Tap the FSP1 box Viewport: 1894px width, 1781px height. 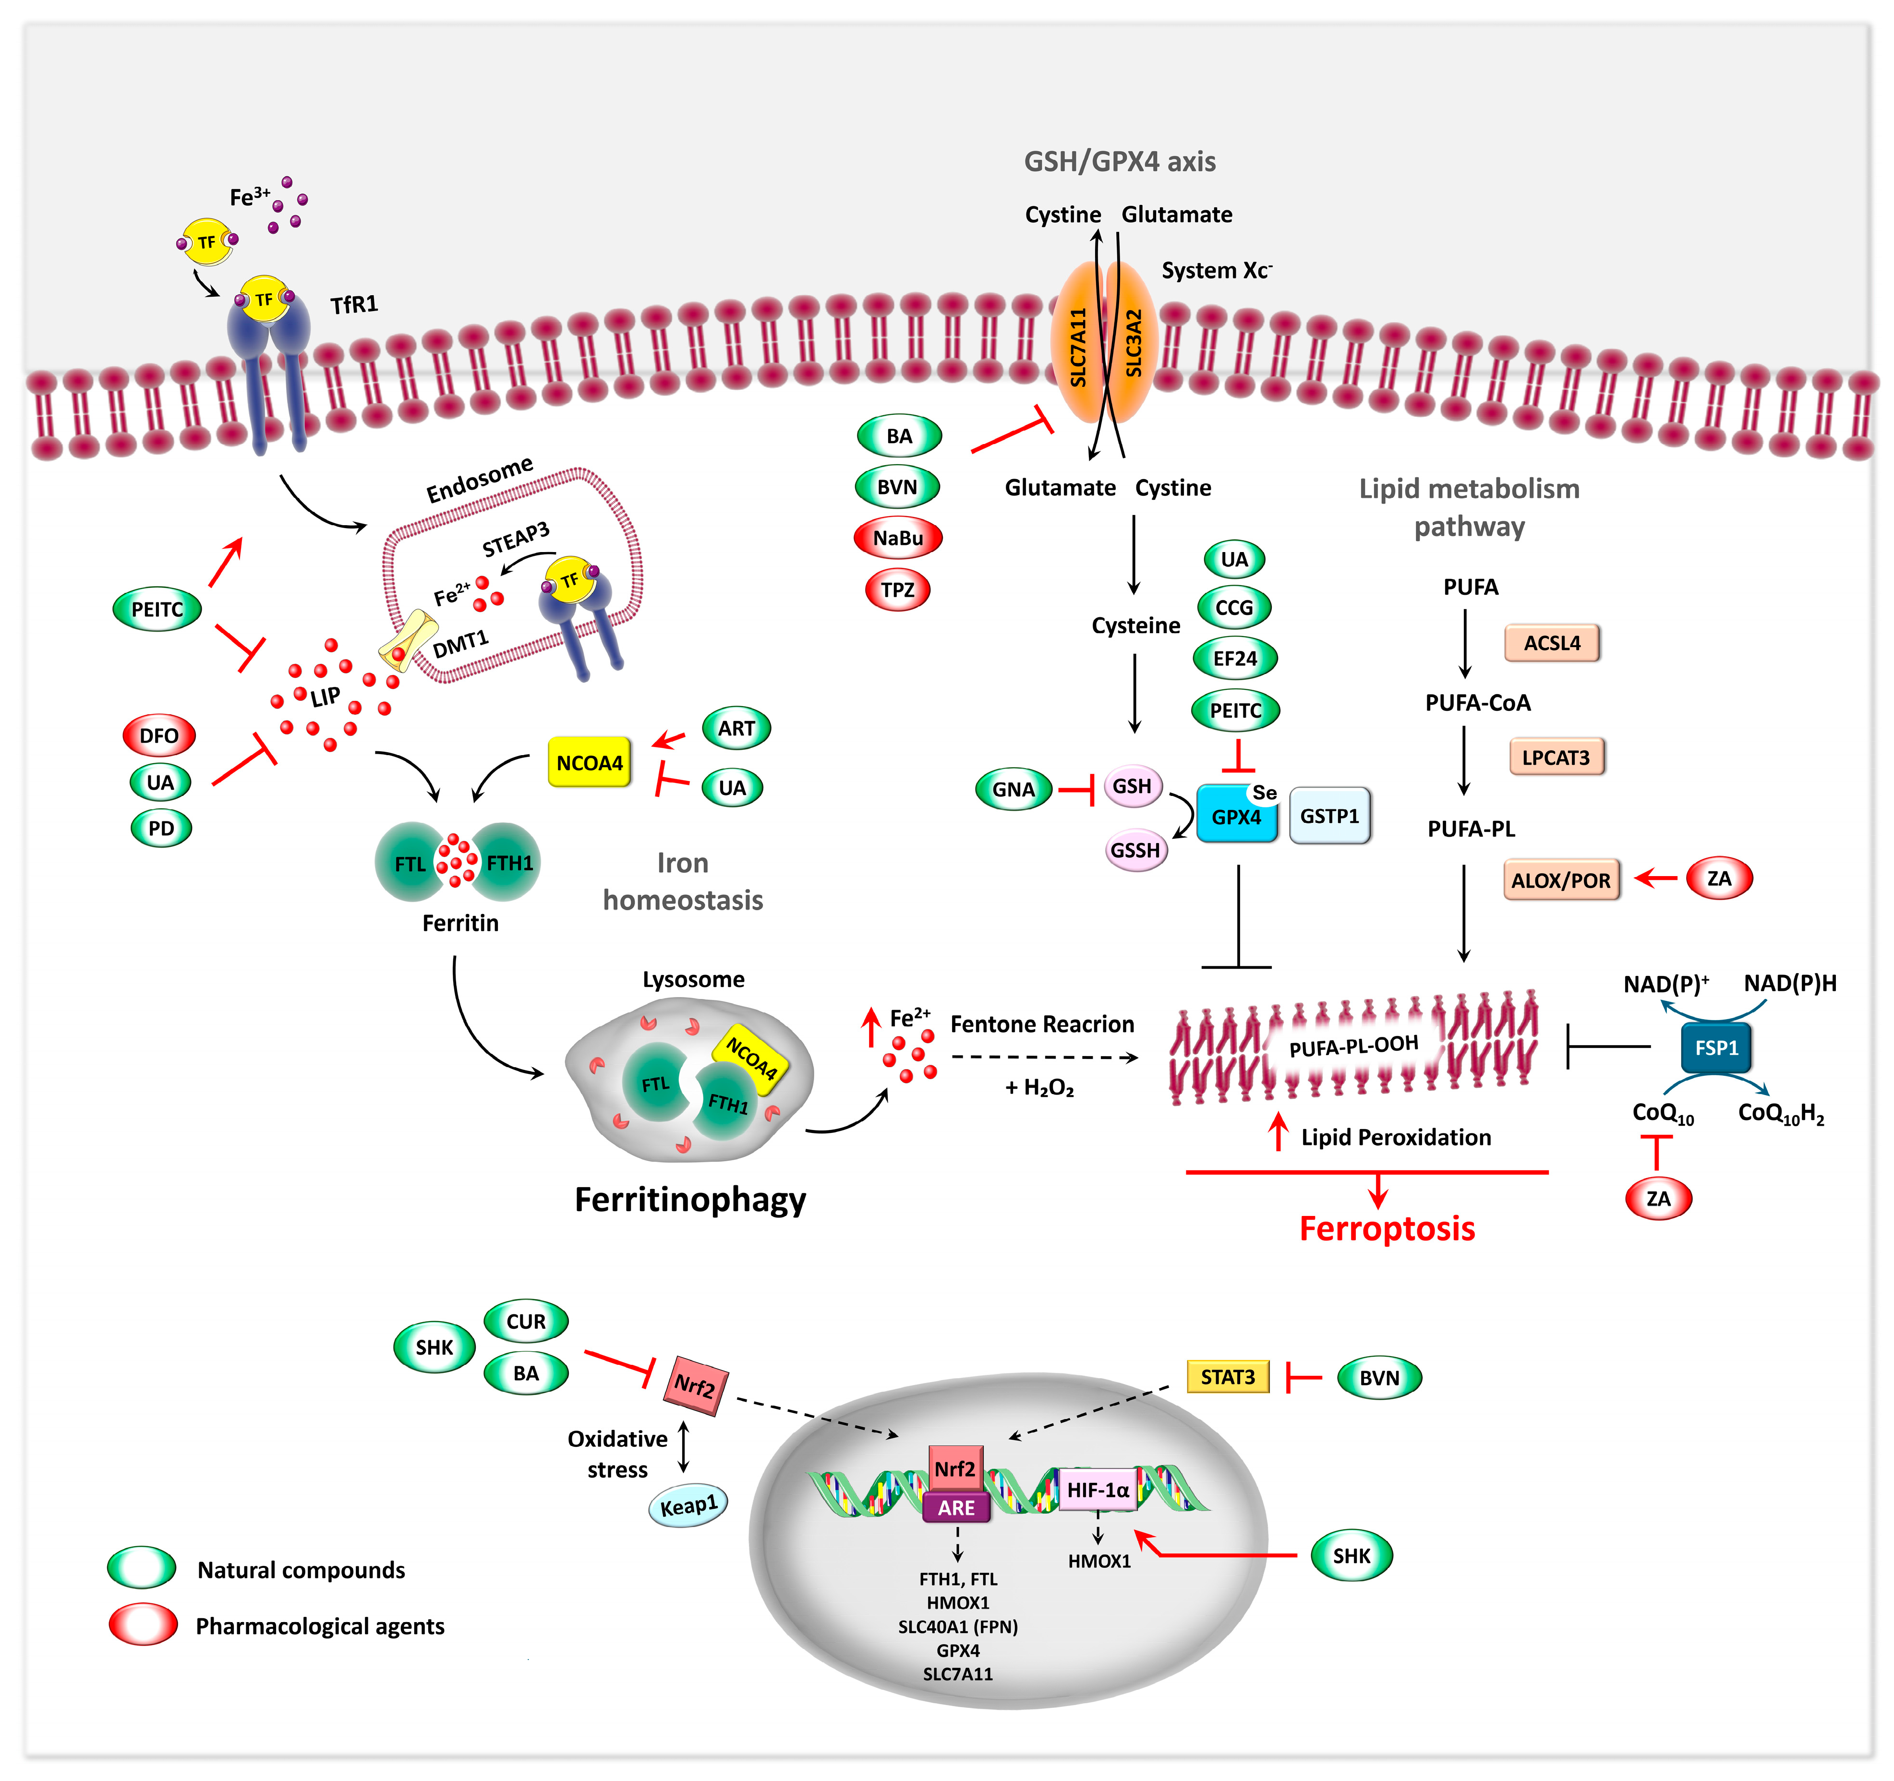point(1716,1047)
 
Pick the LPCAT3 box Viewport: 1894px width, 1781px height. point(1556,757)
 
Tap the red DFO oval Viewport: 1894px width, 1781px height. point(159,735)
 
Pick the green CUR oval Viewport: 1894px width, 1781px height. point(526,1321)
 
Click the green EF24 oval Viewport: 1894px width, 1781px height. point(1235,658)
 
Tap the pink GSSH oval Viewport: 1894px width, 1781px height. point(1135,850)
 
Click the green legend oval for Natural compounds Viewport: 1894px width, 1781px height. point(142,1569)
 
